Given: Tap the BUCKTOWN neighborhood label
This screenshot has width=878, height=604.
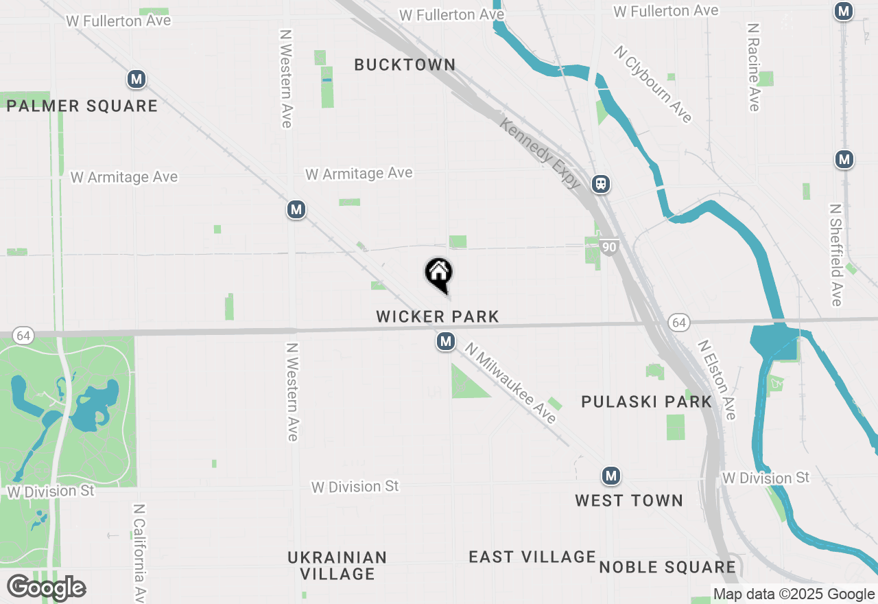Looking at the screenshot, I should coord(405,65).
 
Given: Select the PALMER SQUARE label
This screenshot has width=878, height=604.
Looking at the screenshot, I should coord(82,106).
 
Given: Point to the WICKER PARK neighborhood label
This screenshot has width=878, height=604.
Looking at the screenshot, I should coord(438,317).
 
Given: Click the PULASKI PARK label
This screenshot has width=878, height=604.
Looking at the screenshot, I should coord(646,402).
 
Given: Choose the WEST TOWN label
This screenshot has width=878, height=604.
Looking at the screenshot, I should coord(629,501).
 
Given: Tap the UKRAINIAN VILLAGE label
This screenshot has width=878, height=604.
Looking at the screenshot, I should coord(337,566).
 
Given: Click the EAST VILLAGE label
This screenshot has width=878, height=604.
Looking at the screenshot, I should coord(532,557).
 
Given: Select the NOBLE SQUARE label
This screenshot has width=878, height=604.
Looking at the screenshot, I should coord(667,568).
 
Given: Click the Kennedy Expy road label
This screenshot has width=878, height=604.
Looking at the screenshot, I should coord(541,154).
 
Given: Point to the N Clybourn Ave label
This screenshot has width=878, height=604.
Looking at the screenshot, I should coord(652,84).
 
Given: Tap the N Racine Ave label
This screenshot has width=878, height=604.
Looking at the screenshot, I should coord(754,67).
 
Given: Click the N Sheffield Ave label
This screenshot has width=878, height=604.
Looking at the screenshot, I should coord(835,255).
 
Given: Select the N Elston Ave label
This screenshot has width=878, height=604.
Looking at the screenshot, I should coord(717,380).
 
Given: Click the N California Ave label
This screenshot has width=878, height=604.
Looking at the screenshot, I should coord(139,553).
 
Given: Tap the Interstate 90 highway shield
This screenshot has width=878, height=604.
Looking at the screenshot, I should coord(609,247).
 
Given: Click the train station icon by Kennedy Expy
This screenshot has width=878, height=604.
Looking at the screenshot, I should coord(601,184).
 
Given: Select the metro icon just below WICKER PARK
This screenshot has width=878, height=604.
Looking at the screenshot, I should coord(446,341).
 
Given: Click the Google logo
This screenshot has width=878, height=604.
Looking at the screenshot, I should coord(46,588).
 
